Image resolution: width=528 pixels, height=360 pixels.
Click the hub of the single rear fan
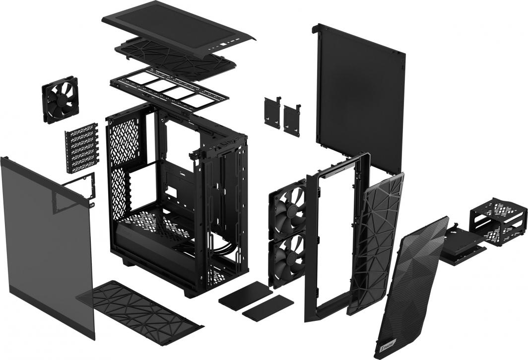pyautogui.click(x=59, y=100)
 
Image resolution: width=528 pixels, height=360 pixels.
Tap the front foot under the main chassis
pyautogui.click(x=191, y=293)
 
